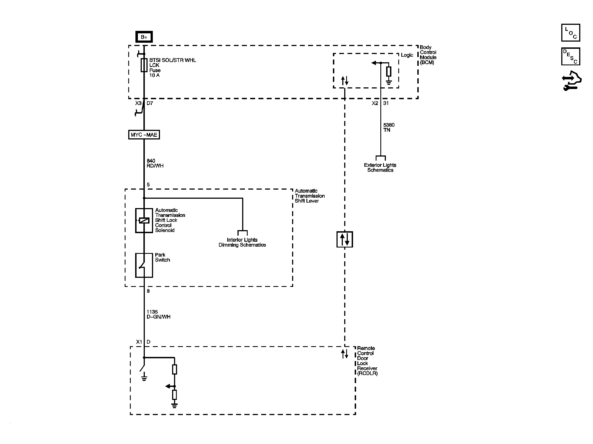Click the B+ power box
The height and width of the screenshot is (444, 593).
click(144, 37)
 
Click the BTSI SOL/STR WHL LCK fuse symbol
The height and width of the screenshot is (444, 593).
click(144, 65)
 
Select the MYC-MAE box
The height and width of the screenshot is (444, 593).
click(144, 135)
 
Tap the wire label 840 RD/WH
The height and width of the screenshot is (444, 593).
click(155, 163)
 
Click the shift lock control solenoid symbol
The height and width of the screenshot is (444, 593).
click(144, 220)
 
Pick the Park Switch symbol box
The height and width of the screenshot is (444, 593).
click(144, 265)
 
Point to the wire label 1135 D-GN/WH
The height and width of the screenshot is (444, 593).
click(158, 314)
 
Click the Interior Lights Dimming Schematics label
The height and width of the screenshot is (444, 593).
click(242, 242)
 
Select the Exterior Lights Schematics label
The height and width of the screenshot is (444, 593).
click(380, 168)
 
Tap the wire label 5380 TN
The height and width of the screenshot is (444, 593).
click(389, 127)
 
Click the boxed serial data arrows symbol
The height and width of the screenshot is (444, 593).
click(344, 239)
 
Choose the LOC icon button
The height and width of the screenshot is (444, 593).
click(570, 33)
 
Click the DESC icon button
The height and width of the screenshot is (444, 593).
click(570, 56)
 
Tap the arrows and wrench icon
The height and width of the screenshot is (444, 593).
click(571, 81)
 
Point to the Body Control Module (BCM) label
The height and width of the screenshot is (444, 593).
click(428, 55)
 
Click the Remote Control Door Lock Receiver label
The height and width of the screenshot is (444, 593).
click(367, 361)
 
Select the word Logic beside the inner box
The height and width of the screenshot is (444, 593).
click(407, 55)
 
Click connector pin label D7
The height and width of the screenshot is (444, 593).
click(150, 103)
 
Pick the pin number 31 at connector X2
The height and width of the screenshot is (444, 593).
click(386, 103)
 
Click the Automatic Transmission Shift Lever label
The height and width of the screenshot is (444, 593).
click(309, 196)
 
